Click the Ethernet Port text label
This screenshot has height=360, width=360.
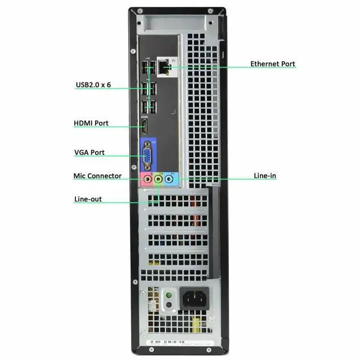[x=272, y=64]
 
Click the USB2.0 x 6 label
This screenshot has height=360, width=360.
[x=93, y=85]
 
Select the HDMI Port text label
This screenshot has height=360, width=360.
[x=91, y=123]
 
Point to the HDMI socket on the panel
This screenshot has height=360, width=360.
[x=143, y=127]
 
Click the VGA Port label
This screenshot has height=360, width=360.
[x=89, y=152]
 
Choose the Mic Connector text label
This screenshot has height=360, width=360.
[x=97, y=176]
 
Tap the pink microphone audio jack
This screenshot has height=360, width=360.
[x=146, y=179]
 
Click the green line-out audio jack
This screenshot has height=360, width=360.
[x=159, y=179]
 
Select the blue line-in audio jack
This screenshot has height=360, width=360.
[x=172, y=179]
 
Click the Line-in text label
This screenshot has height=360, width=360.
[x=265, y=176]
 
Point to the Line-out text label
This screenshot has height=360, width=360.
[x=88, y=199]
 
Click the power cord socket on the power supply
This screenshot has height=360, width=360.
[x=194, y=298]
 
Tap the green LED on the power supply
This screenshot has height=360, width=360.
[x=168, y=295]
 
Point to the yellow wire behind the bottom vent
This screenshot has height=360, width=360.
[x=196, y=323]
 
